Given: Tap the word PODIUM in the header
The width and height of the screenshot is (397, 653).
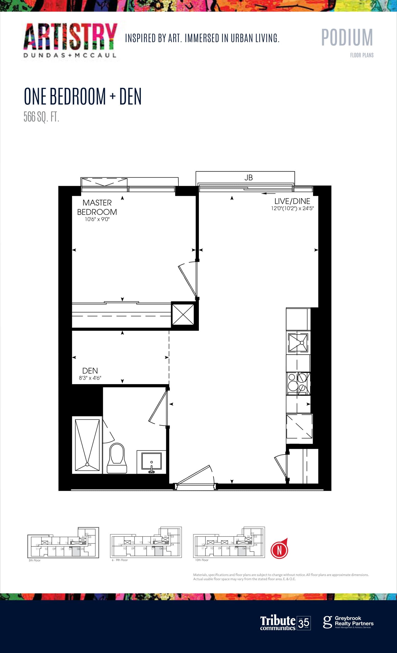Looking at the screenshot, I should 347,38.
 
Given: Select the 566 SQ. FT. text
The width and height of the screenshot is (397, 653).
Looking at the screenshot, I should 41,117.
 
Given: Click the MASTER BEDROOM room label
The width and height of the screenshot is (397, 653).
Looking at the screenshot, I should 97,207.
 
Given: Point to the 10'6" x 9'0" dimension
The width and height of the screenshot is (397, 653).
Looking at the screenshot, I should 97,219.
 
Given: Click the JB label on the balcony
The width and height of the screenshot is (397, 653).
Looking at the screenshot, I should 248,178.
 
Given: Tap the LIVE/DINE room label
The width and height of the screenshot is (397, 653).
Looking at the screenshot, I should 292,201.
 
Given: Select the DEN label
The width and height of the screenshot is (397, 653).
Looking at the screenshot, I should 90,370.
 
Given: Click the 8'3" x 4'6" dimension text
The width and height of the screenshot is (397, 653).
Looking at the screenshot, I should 90,378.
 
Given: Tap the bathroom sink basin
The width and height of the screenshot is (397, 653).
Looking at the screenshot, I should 151,461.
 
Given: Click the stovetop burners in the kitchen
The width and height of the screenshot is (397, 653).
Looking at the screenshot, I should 298,384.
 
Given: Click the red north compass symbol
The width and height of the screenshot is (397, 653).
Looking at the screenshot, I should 279,550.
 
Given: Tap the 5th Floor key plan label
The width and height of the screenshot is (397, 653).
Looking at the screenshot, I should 35,560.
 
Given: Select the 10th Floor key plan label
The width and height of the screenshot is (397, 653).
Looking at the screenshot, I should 202,560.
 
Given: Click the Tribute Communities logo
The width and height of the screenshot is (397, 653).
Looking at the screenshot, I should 285,623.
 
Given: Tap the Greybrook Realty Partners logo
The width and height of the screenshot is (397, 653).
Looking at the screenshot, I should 348,622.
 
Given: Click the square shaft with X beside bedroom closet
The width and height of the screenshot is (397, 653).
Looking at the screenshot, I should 183,315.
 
